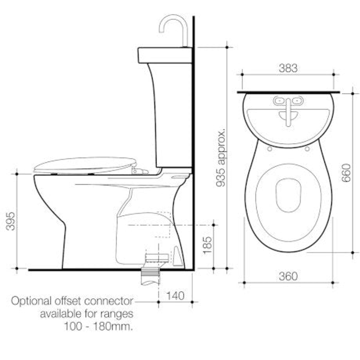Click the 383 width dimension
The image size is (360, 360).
pos(288,68)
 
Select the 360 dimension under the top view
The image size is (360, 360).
pos(288,276)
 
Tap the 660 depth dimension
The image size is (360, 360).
pos(346,173)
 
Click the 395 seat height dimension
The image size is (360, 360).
pos(11,221)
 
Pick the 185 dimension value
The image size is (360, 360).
pos(207,245)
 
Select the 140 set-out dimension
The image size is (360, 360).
pos(175,296)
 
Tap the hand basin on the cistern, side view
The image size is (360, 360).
pos(165,55)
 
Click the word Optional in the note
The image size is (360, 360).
pos(30,301)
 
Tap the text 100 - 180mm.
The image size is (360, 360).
pos(98,326)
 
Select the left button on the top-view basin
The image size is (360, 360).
pos(279,100)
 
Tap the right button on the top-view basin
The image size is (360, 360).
pos(297,100)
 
